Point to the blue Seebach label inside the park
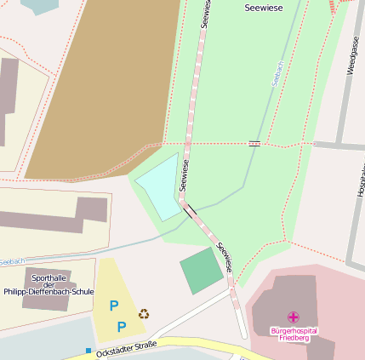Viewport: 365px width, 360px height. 277,72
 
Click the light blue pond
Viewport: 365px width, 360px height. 158,186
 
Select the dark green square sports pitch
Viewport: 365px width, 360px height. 202,271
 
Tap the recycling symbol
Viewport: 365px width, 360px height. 144,313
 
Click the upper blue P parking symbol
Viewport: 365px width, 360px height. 114,306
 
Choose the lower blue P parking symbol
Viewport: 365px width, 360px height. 121,326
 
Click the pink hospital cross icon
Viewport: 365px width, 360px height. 294,317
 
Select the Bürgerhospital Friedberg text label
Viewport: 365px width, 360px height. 294,334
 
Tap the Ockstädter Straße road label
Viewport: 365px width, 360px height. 126,348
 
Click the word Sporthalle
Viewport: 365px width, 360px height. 48,277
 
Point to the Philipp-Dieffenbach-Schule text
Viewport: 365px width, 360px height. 48,291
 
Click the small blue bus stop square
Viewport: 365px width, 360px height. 88,350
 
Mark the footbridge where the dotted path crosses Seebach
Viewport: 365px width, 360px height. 254,143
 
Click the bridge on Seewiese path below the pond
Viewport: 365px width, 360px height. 189,209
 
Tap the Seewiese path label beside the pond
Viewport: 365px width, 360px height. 184,175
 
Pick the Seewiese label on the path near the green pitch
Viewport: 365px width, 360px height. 225,257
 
